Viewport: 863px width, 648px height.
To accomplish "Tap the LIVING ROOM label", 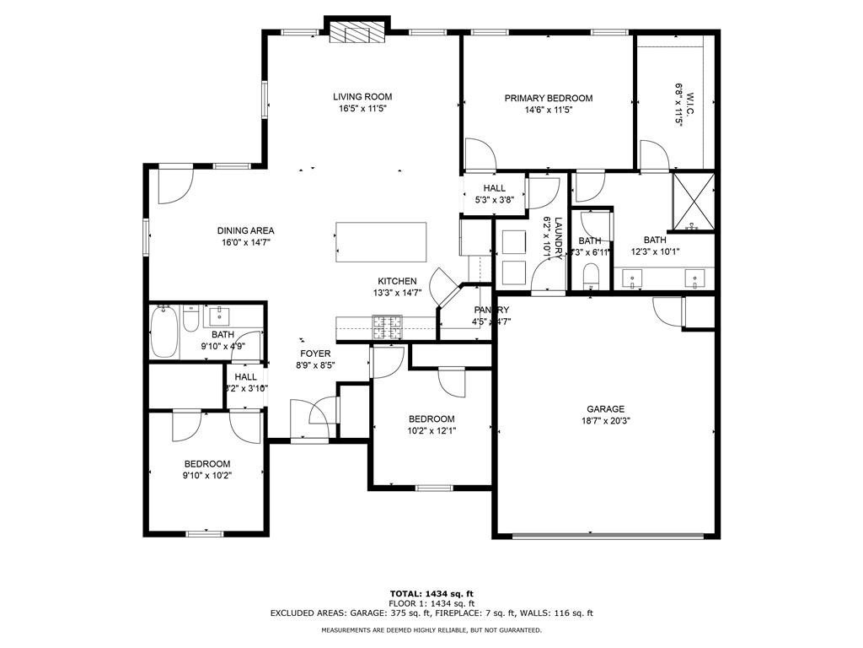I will pos(362,97).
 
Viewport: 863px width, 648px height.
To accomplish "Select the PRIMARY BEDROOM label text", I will pos(549,98).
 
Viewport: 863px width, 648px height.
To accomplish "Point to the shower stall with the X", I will pos(692,201).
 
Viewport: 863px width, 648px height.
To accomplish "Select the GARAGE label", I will pos(606,409).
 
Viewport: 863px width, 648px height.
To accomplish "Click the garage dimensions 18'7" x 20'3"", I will pos(606,421).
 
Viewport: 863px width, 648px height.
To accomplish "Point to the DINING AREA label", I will pos(245,230).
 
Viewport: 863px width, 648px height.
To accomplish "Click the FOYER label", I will pos(316,354).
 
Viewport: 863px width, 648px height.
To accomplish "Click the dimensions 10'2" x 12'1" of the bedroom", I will pos(431,431).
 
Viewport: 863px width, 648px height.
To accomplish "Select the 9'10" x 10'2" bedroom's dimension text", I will pos(207,475).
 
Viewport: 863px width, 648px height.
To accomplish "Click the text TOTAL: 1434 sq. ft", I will pos(431,593).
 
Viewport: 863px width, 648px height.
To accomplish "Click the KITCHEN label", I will pos(397,281).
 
